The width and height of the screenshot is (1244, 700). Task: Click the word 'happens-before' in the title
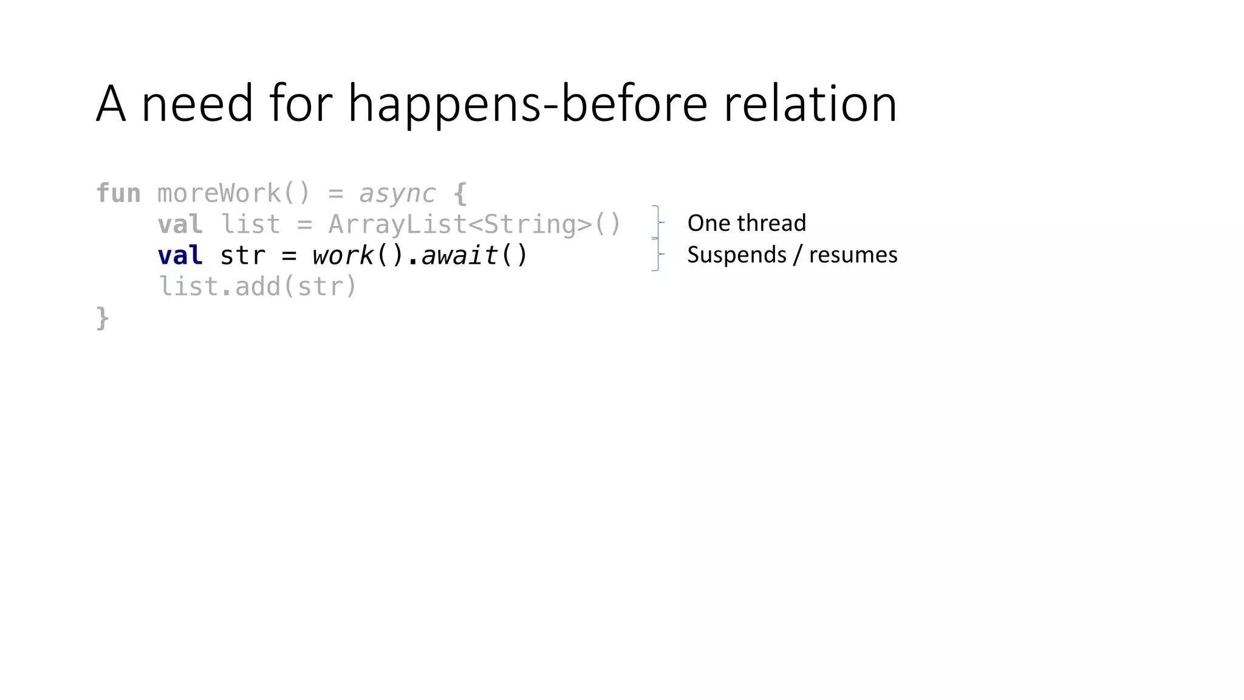point(527,104)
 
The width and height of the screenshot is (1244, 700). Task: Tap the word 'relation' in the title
point(810,104)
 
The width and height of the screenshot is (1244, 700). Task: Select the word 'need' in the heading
point(197,104)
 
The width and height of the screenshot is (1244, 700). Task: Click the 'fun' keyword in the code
point(118,194)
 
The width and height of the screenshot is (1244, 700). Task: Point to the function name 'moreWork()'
point(234,194)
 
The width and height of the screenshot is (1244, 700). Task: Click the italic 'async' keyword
point(397,194)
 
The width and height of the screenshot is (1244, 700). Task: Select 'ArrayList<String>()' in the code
point(474,224)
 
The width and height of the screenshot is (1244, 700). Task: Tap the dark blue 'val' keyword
point(180,255)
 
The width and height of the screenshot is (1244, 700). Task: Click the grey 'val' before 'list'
point(180,224)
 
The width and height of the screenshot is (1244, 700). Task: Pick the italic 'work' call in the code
point(342,255)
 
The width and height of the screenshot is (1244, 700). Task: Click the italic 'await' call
point(459,255)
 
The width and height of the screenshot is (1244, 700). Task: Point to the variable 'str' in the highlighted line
point(242,255)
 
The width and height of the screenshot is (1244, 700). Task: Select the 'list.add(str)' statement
point(257,287)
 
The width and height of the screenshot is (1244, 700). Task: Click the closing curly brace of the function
point(103,318)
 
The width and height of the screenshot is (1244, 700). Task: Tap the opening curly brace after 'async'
point(460,194)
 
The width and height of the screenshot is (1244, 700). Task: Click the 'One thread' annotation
point(747,223)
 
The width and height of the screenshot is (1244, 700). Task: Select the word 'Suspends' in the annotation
point(736,255)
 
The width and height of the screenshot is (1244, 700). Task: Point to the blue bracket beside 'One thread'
point(657,222)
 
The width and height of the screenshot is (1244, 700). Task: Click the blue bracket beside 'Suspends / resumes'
point(657,254)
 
